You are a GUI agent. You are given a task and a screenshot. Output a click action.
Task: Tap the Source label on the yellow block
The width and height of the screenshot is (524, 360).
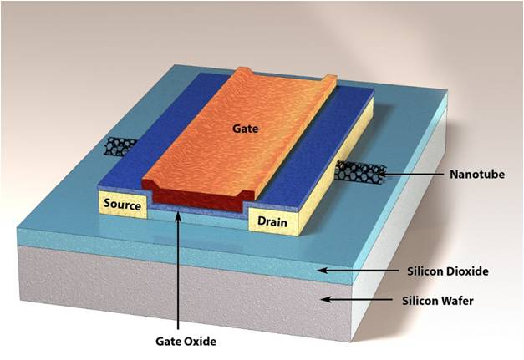click(x=123, y=204)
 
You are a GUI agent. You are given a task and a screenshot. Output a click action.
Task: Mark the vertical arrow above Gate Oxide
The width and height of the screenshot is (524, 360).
click(x=179, y=267)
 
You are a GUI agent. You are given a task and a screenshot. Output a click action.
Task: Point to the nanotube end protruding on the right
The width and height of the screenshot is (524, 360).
click(x=359, y=173)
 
